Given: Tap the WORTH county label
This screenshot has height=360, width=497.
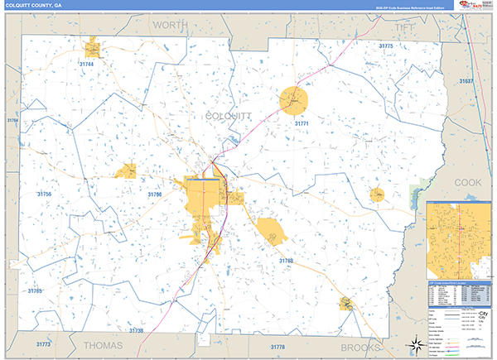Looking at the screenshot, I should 170,26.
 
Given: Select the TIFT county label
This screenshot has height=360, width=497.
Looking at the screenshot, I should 404,27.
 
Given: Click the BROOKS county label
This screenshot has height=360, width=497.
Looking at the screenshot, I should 367,346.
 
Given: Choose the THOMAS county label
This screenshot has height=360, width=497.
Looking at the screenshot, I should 104,344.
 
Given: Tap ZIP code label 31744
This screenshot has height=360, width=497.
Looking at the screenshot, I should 87,64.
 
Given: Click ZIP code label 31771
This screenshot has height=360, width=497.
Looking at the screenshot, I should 302,122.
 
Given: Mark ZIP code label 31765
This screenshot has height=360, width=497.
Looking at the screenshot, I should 35,291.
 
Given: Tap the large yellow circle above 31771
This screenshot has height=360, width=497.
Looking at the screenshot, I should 293,100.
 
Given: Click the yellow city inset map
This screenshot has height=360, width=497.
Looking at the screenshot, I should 458,238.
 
